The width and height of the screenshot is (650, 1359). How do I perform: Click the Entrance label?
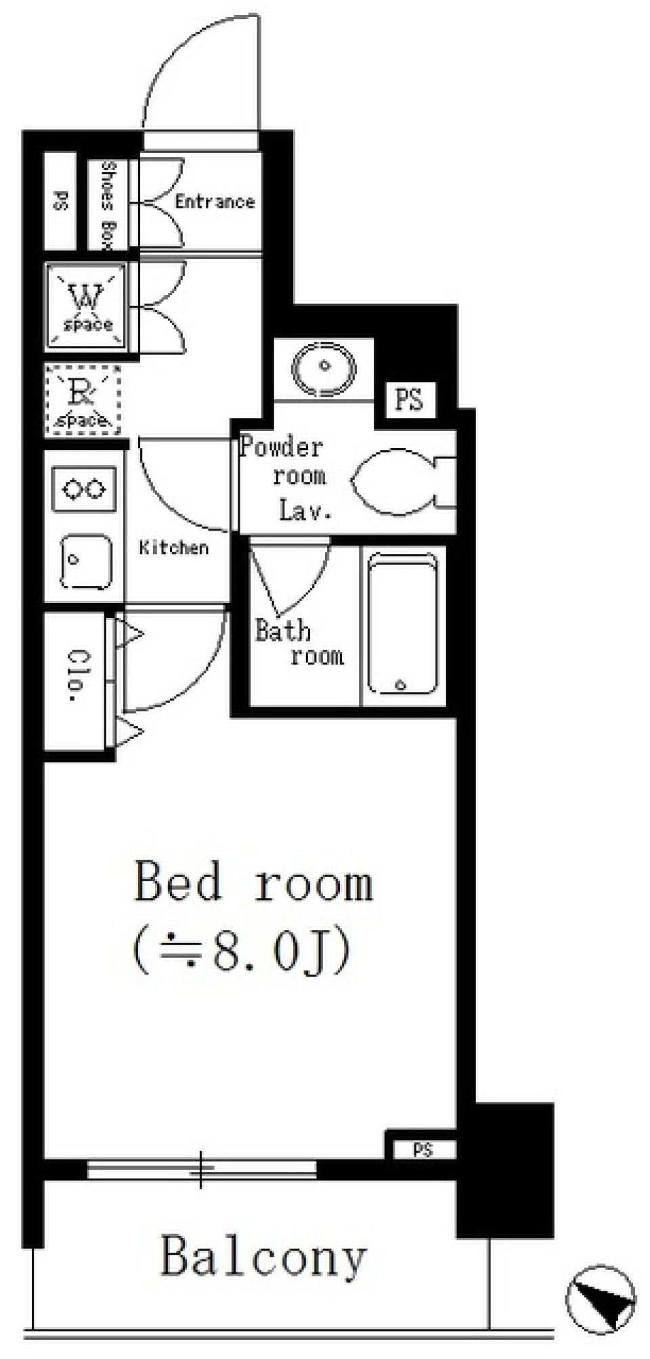(215, 201)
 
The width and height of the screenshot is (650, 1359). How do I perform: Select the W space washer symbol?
(86, 307)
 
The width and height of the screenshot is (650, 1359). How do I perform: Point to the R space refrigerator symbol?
(83, 400)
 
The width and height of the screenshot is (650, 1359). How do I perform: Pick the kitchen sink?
(85, 561)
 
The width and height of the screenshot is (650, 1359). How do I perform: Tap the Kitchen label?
(174, 548)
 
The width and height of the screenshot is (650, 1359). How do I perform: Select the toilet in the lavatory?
(403, 481)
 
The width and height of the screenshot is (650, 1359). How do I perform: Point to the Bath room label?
(299, 643)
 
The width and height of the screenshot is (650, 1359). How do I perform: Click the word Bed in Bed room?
(179, 881)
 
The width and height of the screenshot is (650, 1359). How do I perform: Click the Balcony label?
(264, 1257)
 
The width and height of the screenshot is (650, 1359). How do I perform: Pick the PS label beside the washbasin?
(409, 399)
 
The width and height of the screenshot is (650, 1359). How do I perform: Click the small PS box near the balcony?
(422, 1149)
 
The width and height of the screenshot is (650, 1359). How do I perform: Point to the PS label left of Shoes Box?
(61, 201)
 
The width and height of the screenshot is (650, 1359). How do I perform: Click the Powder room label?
(282, 461)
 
